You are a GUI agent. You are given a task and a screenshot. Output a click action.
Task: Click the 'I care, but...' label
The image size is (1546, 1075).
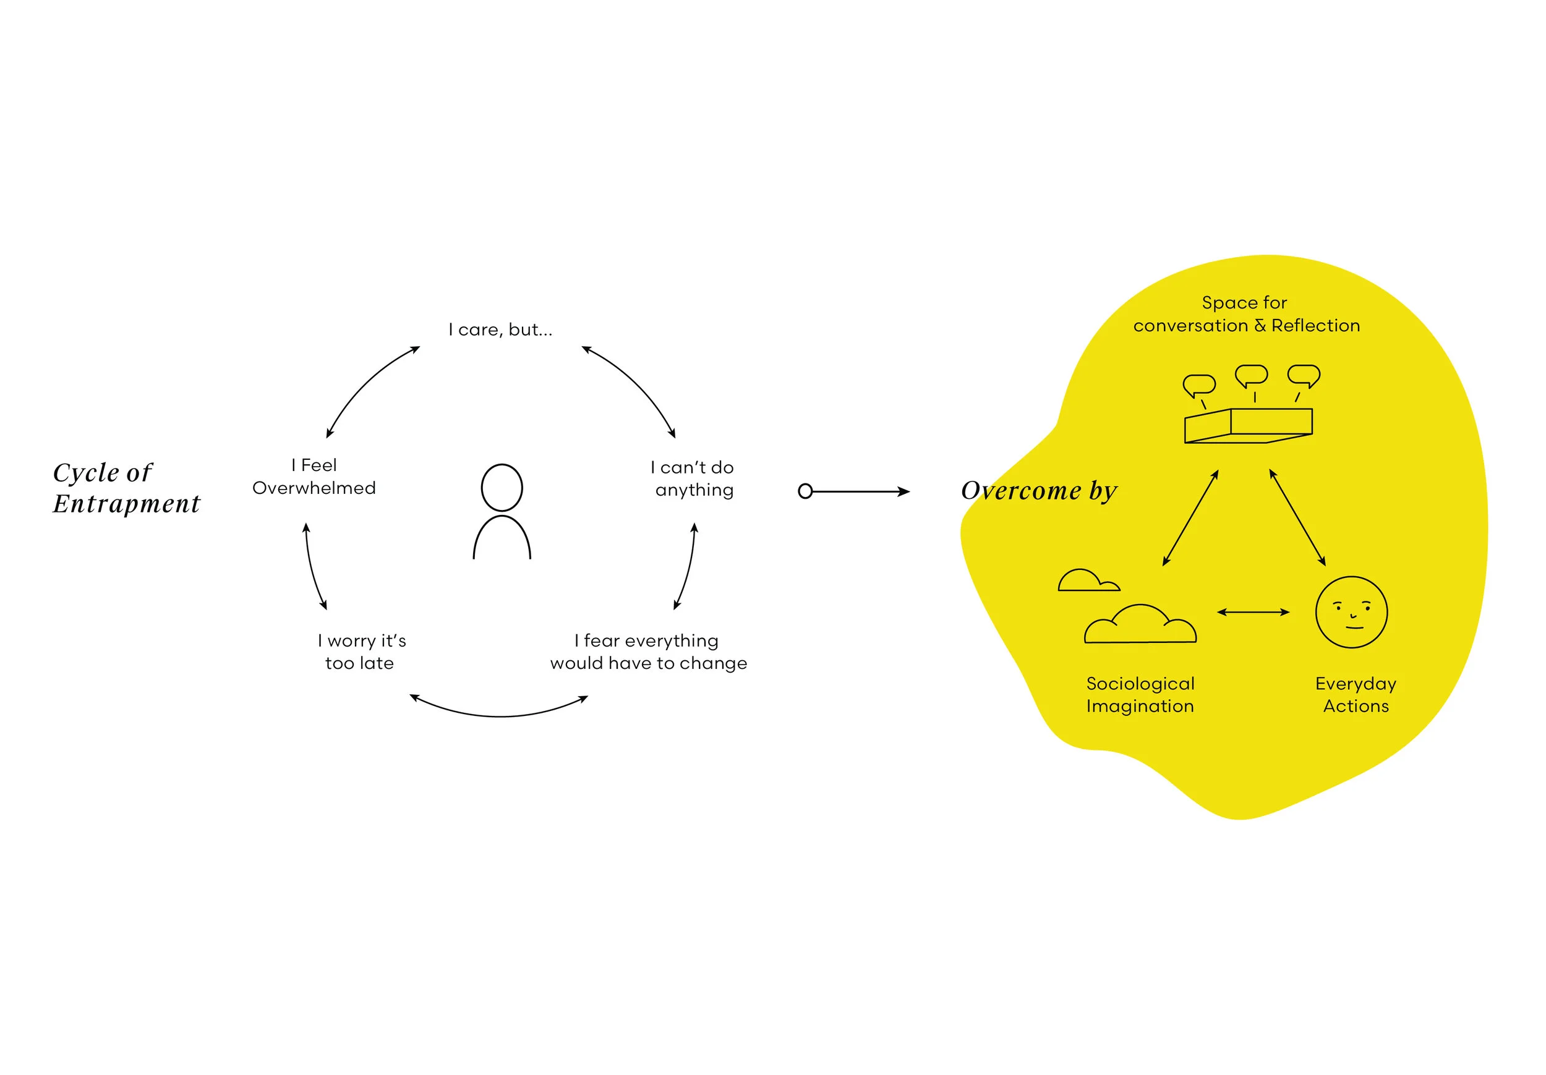coord(500,330)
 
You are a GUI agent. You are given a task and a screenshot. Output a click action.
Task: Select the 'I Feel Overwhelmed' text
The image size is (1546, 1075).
coord(314,477)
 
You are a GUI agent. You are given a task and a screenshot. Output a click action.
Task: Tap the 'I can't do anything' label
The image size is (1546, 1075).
coord(693,478)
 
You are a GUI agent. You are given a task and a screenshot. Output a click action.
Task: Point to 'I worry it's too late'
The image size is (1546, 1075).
coord(362,652)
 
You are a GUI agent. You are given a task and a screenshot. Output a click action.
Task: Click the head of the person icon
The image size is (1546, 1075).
coord(502,487)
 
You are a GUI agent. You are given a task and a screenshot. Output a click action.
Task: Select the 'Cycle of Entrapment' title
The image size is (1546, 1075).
coord(126,488)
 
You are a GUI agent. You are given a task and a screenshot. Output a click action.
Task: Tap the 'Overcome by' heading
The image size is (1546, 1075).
coord(1038,491)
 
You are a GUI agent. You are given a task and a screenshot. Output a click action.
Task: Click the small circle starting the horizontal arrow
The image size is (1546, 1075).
coord(805,491)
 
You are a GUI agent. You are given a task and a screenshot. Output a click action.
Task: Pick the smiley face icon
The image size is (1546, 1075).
coord(1351,612)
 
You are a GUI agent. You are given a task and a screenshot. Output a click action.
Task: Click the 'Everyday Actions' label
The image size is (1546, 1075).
coord(1356,695)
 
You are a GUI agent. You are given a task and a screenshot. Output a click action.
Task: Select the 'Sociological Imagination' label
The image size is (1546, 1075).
coord(1140,695)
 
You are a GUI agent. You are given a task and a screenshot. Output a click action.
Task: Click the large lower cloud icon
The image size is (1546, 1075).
coord(1140,626)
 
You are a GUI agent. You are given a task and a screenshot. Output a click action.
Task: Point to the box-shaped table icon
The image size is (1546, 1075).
coord(1248,425)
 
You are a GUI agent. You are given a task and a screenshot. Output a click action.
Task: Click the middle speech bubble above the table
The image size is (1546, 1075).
coord(1251,375)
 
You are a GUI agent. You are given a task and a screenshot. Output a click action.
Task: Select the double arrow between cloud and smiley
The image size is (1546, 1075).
coord(1253,612)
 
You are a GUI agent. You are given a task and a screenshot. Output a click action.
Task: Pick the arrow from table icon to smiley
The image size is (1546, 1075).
coord(1297,517)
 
